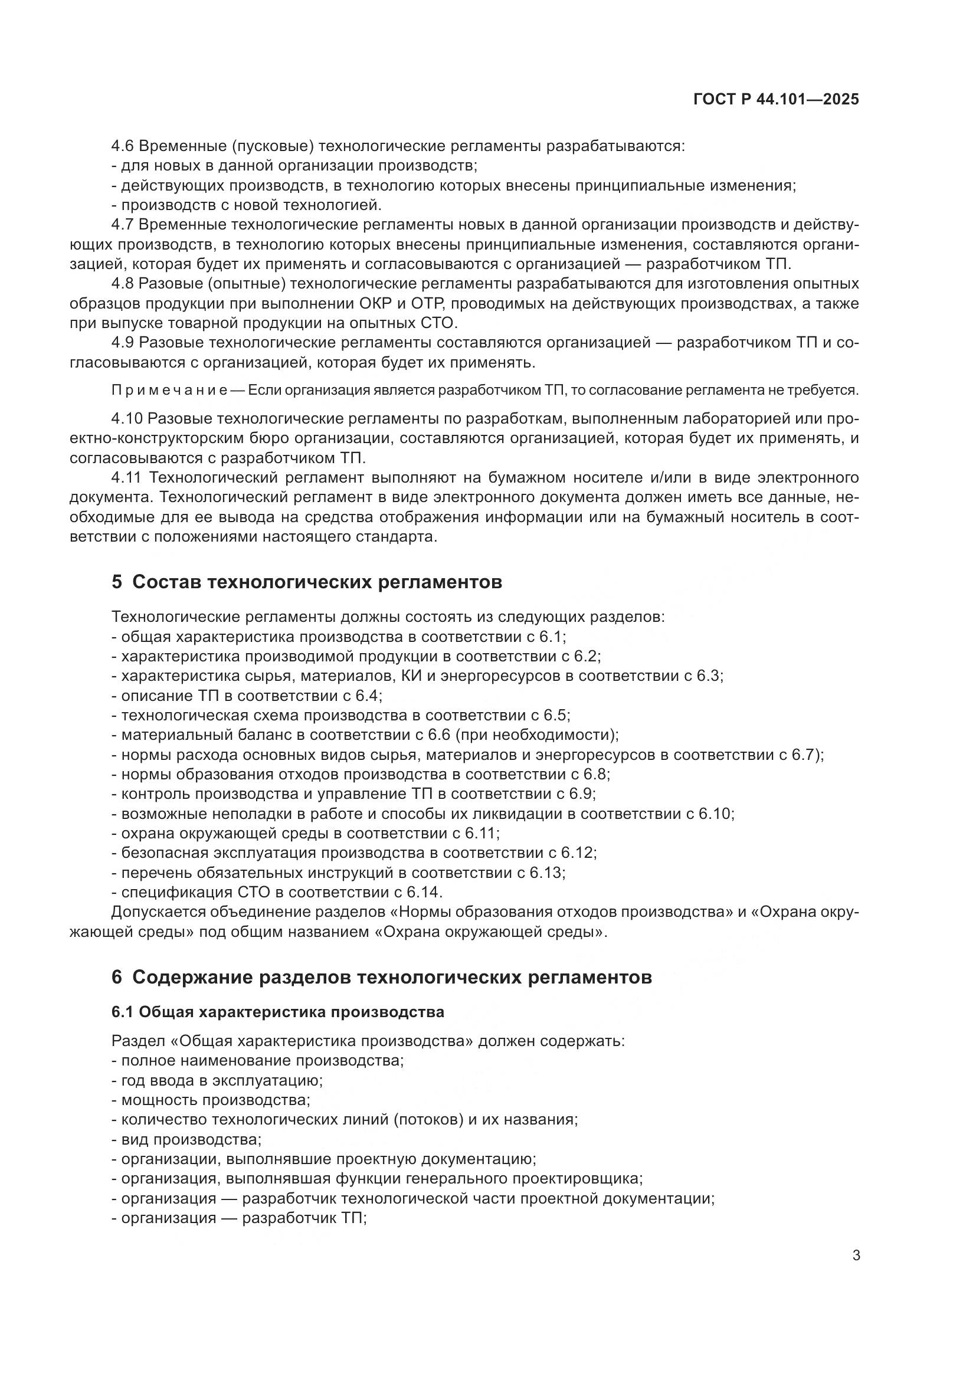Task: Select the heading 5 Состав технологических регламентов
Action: tap(306, 582)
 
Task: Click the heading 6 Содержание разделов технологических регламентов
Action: tap(382, 977)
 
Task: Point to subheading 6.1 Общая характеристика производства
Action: tap(278, 1012)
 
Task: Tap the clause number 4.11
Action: tap(126, 478)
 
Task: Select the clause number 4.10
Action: tap(126, 418)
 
